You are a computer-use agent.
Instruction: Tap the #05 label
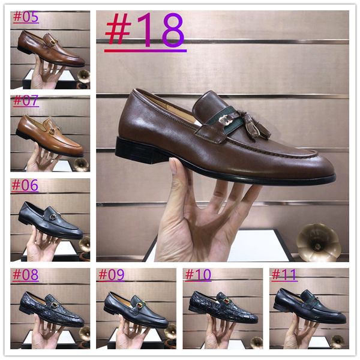[x=26, y=17]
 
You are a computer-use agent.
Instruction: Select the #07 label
[x=26, y=100]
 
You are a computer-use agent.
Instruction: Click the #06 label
[x=26, y=185]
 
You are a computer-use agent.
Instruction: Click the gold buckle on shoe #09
[x=140, y=305]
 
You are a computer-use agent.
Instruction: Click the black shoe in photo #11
[x=309, y=306]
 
